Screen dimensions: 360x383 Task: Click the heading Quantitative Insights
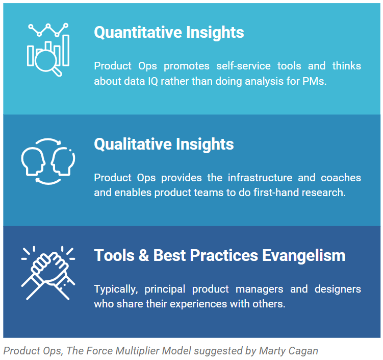[169, 33]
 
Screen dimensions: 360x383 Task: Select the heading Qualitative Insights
[164, 145]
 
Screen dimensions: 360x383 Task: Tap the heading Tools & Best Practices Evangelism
[219, 255]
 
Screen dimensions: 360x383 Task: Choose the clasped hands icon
[48, 270]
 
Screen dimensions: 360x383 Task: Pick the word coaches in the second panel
[341, 178]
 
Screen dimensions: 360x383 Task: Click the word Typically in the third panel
[116, 289]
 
